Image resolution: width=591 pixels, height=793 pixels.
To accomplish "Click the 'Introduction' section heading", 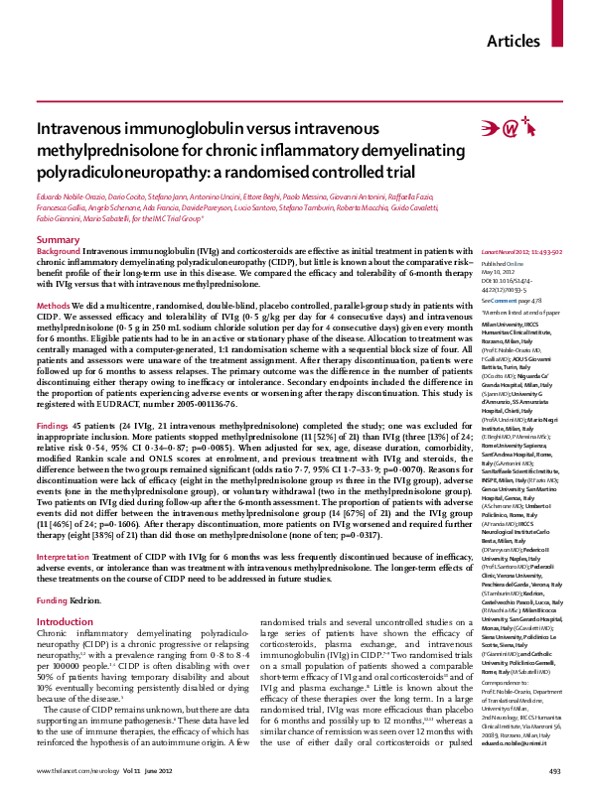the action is click(65, 593).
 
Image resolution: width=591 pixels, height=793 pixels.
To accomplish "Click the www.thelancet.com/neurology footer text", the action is click(75, 770).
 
